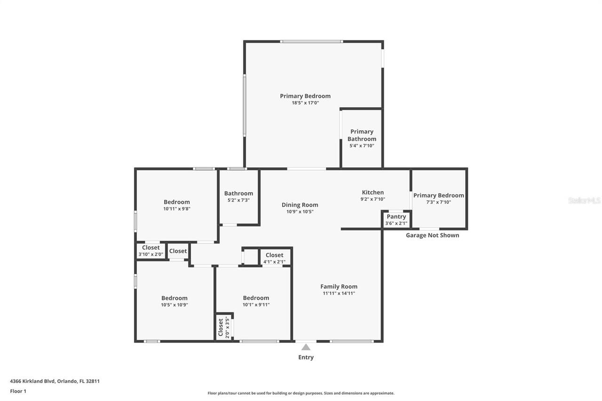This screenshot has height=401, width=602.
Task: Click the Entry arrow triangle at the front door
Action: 306,347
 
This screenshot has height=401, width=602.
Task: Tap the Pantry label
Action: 396,217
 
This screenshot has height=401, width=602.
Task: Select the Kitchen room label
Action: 372,192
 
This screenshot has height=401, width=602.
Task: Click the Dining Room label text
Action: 300,204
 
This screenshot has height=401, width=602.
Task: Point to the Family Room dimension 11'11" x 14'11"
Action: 339,293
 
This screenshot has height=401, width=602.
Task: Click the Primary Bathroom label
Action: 362,135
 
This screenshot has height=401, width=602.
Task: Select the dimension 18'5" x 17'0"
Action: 305,103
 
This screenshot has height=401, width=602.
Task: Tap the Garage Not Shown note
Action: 432,235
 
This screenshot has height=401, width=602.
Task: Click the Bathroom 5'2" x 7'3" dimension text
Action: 238,200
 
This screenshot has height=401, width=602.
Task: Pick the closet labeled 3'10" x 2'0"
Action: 150,254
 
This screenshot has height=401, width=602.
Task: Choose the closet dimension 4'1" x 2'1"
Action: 274,262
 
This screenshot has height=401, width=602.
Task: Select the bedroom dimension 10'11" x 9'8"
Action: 176,209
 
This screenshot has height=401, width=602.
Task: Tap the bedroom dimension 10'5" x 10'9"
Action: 174,305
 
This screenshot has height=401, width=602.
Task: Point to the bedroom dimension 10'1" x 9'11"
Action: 256,305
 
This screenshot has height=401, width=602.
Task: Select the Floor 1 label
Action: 18,391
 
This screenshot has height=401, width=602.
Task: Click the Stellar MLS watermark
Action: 584,200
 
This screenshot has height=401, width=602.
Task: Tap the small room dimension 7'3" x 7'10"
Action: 438,202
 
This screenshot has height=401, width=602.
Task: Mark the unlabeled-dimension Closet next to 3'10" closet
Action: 178,251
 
